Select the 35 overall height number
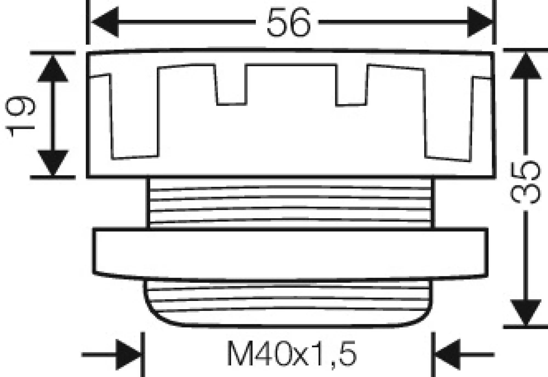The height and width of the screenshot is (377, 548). coord(525,182)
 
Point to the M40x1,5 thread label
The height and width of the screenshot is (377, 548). coord(292,354)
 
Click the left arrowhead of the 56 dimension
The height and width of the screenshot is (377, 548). coord(106,22)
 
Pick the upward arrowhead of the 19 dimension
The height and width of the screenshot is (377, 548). coord(53,69)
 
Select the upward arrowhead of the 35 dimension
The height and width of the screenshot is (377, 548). coord(526,66)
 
